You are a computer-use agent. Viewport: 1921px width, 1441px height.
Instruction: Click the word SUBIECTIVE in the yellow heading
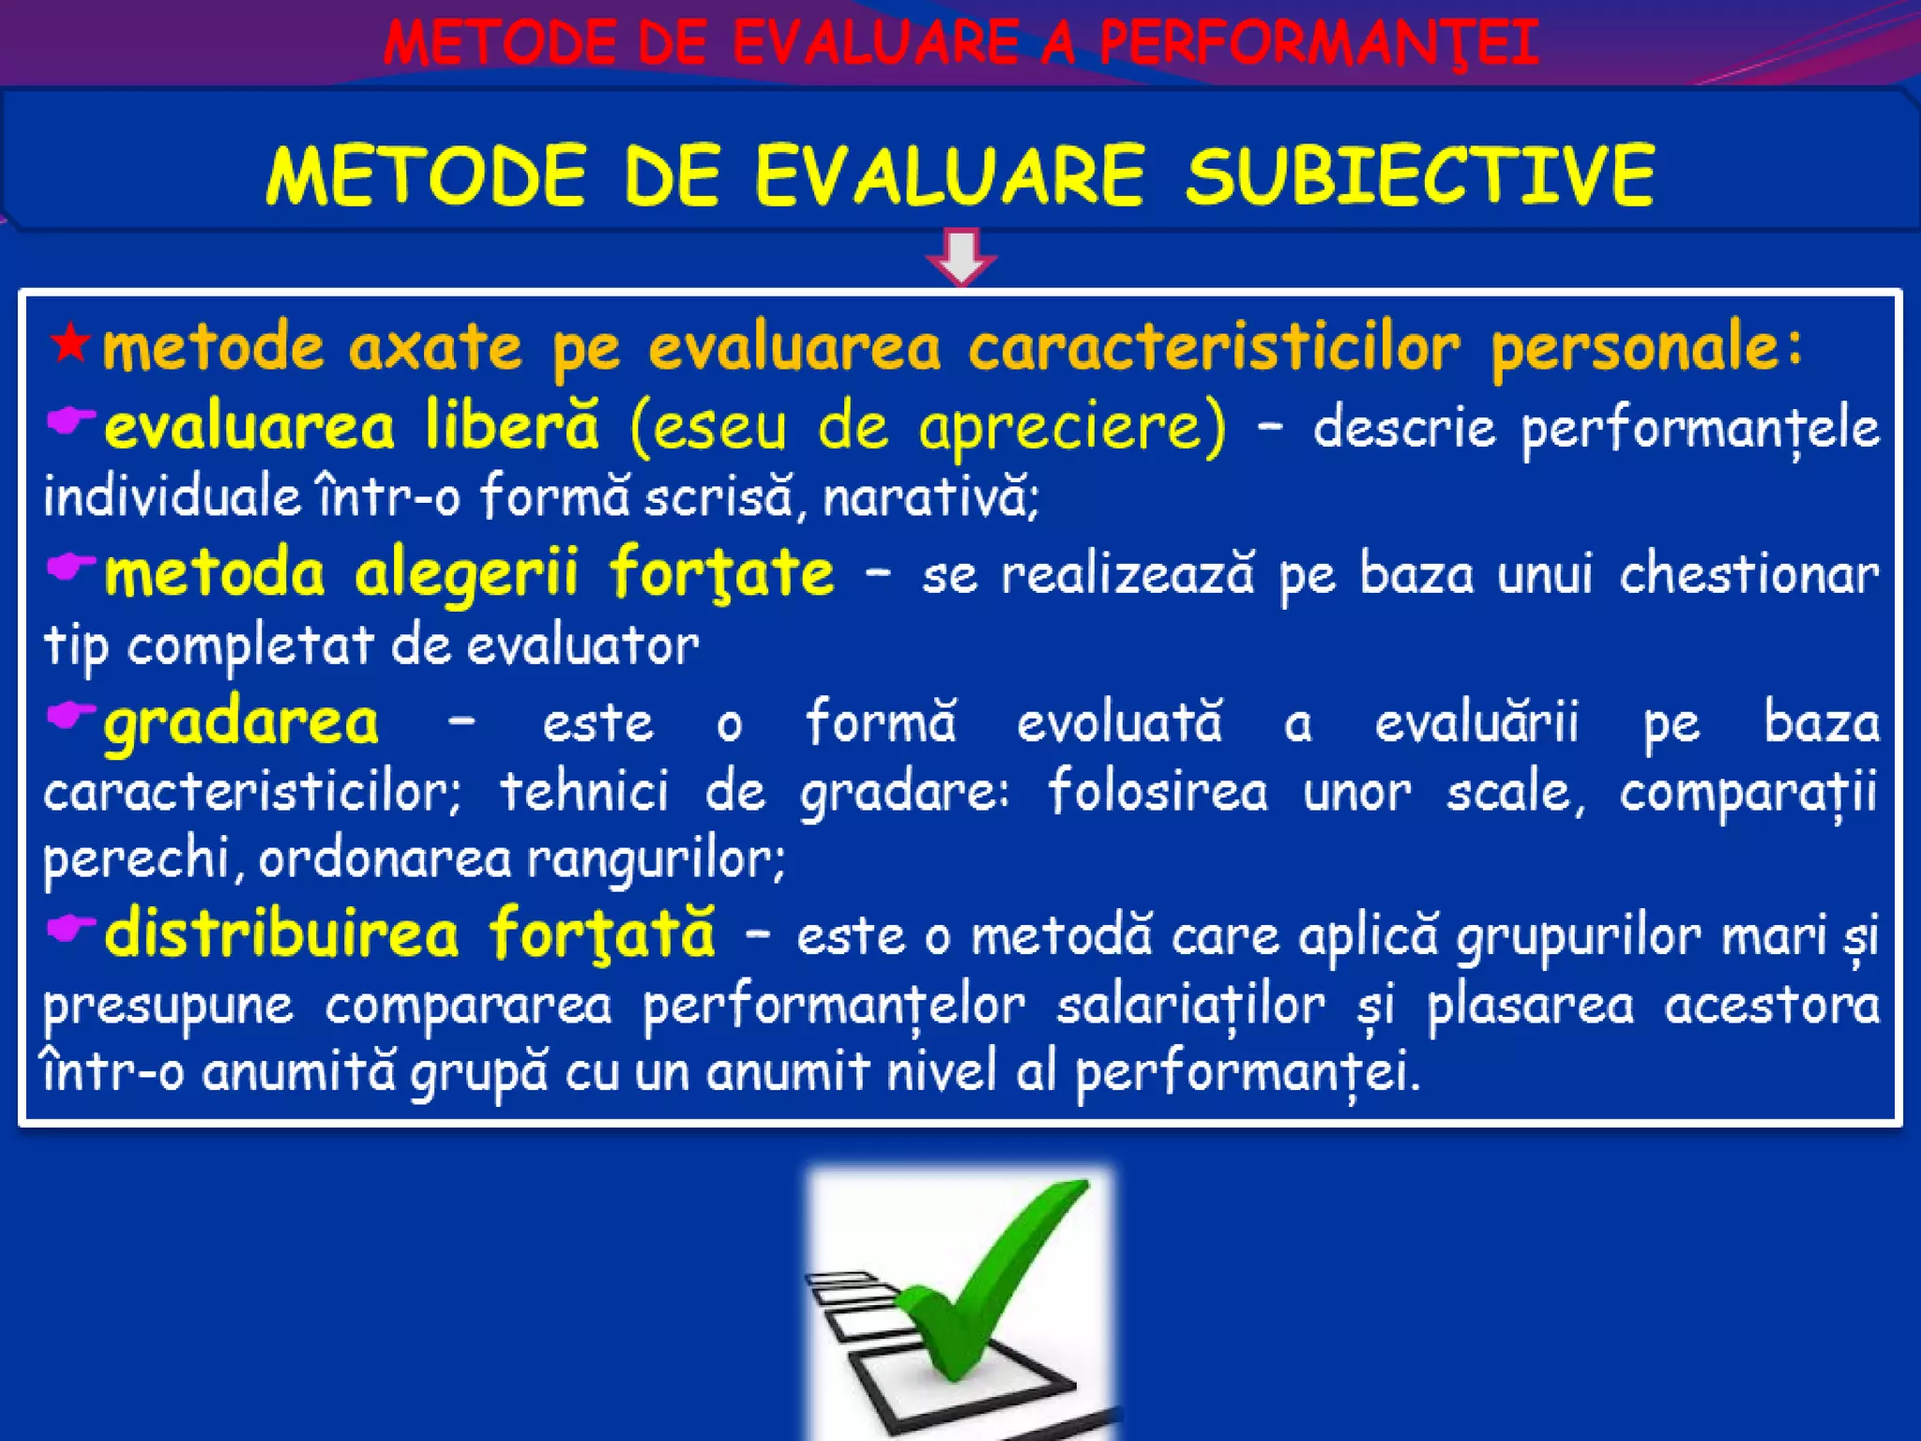coord(1419,175)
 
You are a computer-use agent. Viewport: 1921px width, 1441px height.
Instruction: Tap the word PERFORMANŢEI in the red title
coord(1318,43)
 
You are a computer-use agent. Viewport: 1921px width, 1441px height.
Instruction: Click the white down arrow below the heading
coord(960,256)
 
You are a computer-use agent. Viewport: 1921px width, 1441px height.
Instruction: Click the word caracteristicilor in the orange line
coord(1214,347)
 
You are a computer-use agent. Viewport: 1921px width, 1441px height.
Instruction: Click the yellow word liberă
coord(511,426)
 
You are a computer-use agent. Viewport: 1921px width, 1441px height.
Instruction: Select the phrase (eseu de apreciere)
coord(927,428)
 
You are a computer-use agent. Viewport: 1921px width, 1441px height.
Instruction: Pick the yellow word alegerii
coord(466,572)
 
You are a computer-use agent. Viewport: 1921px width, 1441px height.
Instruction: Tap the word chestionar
coord(1748,574)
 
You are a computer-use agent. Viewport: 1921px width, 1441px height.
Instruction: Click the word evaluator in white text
coord(582,646)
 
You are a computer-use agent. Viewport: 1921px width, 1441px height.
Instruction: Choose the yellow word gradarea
coord(241,722)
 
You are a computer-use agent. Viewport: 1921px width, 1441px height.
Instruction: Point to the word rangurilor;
coord(656,858)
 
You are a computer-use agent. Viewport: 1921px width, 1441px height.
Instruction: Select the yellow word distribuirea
coord(281,933)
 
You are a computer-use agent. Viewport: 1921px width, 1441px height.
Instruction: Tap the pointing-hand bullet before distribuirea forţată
coord(71,929)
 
